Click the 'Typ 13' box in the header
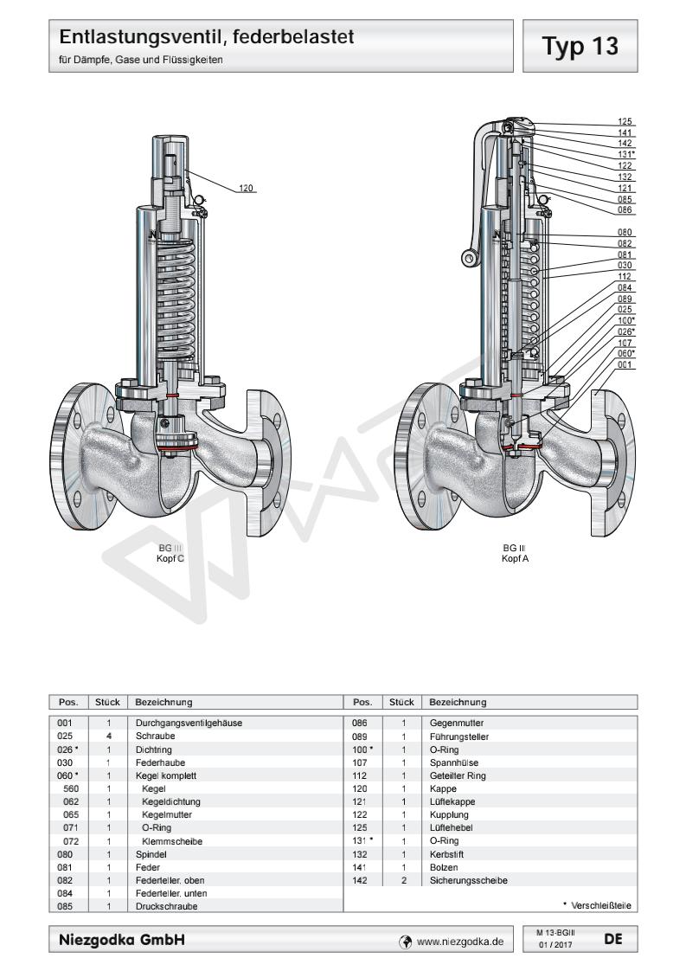(587, 47)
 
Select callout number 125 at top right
(626, 122)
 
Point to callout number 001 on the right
(626, 363)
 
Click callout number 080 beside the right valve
(626, 233)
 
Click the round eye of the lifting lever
(471, 258)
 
